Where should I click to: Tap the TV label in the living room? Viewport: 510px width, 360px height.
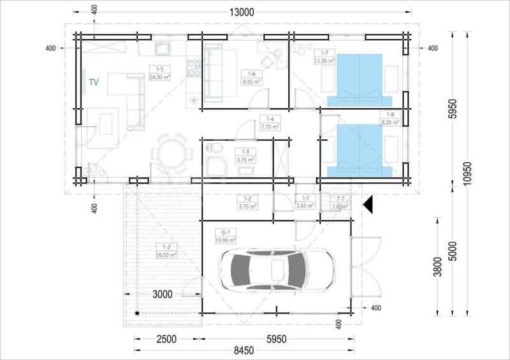pyautogui.click(x=94, y=82)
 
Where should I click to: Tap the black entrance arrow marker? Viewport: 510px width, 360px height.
pyautogui.click(x=367, y=205)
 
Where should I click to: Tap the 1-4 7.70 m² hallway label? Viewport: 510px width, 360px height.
pyautogui.click(x=270, y=122)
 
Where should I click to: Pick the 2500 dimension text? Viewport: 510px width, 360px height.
pyautogui.click(x=166, y=339)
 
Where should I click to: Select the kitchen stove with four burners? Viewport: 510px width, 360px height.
pyautogui.click(x=193, y=66)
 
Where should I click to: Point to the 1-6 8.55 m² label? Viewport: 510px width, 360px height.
pyautogui.click(x=251, y=78)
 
